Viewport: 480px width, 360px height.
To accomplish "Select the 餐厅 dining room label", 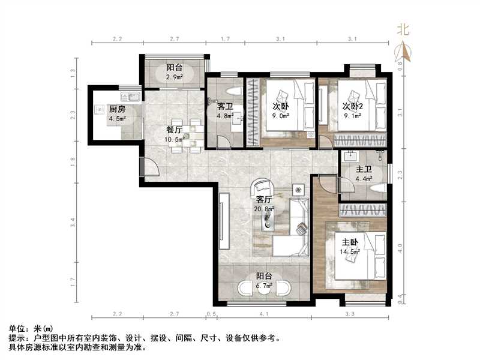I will [174, 130].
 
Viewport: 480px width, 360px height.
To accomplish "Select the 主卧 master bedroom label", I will [350, 242].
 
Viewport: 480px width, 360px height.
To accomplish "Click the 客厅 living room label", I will [265, 199].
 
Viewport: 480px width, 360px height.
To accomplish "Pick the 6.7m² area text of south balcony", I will [265, 286].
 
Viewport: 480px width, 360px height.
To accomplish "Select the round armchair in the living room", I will [262, 189].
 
